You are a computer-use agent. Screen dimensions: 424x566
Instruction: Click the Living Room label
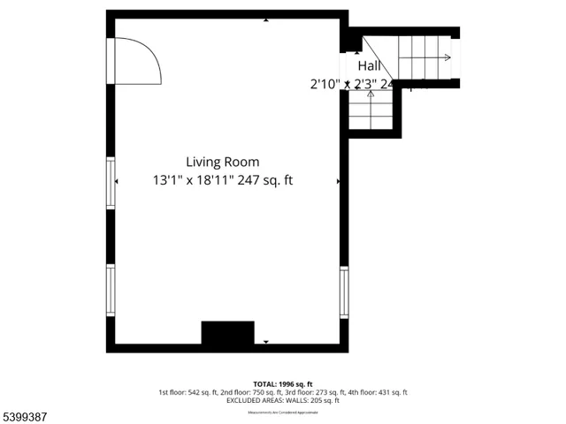click(222, 162)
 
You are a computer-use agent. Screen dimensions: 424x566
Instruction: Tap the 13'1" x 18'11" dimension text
click(222, 180)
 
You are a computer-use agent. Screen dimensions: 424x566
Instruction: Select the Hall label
click(369, 66)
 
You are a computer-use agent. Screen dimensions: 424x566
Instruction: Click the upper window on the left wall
click(111, 184)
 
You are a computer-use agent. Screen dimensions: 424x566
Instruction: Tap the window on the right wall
click(344, 291)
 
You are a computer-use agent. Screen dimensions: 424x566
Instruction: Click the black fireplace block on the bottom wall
click(227, 333)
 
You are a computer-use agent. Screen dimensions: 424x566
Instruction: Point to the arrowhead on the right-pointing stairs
click(447, 58)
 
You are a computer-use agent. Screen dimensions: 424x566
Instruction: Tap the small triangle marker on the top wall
click(266, 18)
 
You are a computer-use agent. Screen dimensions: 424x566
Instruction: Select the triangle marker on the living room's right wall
click(338, 181)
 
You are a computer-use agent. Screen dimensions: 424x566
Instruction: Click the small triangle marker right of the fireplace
click(266, 341)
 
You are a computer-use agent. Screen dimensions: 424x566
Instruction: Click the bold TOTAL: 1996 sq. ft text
click(282, 383)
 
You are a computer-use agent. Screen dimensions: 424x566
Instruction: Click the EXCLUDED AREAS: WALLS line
click(282, 401)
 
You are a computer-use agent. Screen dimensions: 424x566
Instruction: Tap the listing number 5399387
click(26, 414)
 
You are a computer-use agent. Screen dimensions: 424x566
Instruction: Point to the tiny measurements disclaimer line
click(282, 411)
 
